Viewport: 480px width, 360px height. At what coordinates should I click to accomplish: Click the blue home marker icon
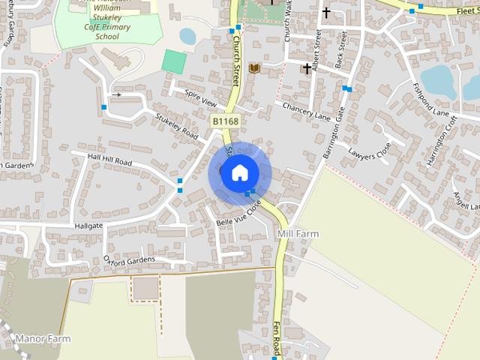pos(239,172)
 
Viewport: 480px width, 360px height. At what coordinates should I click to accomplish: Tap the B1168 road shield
pos(224,121)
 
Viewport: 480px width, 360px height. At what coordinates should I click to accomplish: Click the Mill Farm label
pos(298,234)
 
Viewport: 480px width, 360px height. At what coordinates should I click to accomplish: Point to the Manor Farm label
pos(43,339)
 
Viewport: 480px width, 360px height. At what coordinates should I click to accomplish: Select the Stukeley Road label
pos(176,126)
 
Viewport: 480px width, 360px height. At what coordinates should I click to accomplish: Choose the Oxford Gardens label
pos(129,260)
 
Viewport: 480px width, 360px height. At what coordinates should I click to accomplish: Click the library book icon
pos(254,68)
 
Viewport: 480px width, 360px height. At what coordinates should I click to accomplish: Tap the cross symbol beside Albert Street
pos(306,69)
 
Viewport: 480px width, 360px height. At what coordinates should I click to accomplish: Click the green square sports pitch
pos(174,61)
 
